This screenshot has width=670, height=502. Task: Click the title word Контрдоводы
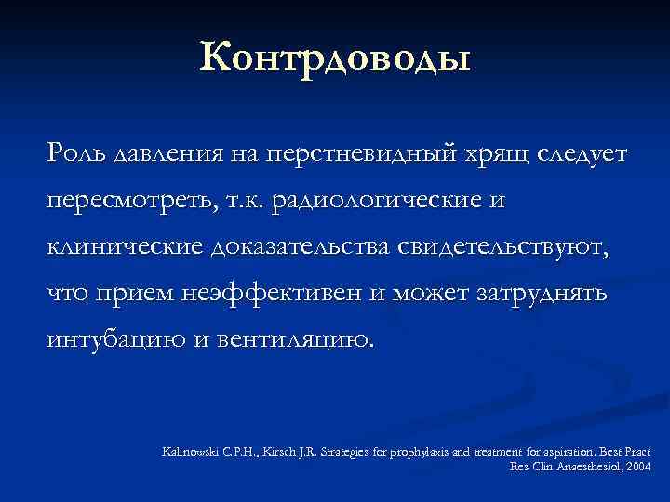[x=335, y=57]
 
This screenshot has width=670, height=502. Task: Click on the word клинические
[x=125, y=246]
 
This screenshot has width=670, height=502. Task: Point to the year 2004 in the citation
[x=637, y=465]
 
